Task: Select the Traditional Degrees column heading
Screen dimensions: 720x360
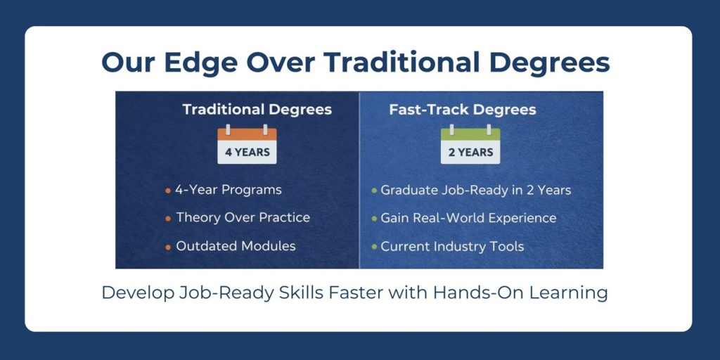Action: (257, 110)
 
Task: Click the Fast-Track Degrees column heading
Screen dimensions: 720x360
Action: (463, 110)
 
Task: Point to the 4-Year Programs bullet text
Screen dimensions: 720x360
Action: (229, 190)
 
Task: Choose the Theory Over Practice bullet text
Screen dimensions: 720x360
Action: (243, 217)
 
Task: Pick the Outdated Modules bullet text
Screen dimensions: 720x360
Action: (236, 245)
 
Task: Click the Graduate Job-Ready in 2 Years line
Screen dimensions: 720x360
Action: (476, 190)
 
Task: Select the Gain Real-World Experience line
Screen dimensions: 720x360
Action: (468, 218)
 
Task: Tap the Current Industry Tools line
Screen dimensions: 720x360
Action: (452, 246)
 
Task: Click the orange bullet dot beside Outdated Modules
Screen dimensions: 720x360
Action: (168, 247)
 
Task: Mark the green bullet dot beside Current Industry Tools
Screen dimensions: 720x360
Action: (374, 247)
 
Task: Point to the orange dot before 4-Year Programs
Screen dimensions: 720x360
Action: (168, 191)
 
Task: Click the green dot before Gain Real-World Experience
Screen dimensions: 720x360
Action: (374, 219)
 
